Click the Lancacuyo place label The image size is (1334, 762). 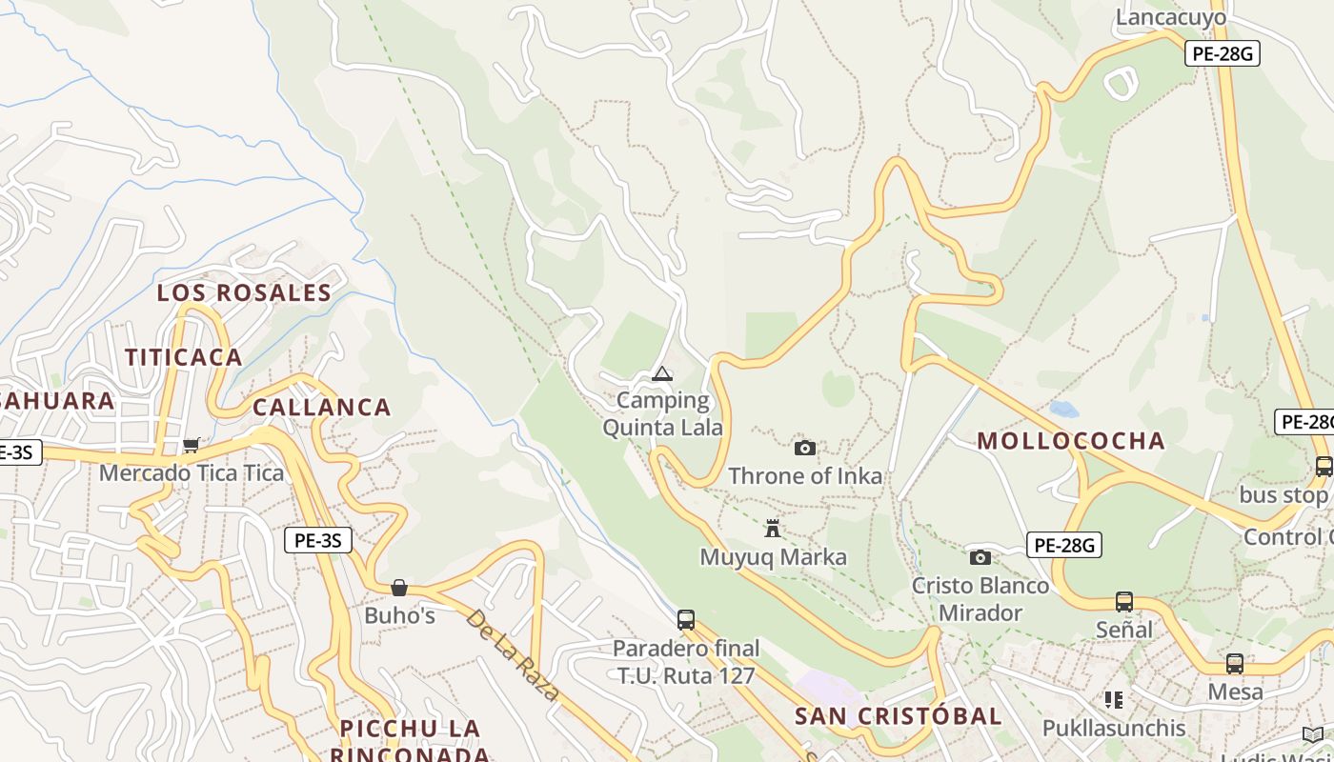[x=1171, y=17]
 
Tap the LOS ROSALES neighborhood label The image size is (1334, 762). [x=244, y=292]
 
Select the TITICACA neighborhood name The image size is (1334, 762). [x=184, y=357]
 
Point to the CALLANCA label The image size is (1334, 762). [x=322, y=408]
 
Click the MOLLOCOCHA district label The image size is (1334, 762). [x=1071, y=441]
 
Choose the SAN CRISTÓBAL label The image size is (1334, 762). [x=899, y=716]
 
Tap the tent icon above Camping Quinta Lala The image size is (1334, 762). [x=662, y=373]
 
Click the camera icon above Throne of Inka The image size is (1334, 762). [x=805, y=448]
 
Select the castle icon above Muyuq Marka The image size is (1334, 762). [x=773, y=529]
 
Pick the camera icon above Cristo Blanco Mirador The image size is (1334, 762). [x=980, y=557]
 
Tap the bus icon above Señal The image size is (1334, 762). [x=1124, y=602]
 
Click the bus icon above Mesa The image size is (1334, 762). [x=1235, y=664]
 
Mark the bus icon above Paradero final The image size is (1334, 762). [x=686, y=620]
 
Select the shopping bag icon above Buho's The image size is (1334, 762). [x=399, y=588]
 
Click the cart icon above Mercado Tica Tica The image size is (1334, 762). [x=192, y=445]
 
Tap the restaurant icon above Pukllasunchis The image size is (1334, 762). [x=1113, y=700]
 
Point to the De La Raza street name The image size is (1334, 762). [x=513, y=654]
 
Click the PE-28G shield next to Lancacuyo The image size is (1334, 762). [x=1223, y=53]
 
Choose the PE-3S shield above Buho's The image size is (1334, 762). [x=318, y=541]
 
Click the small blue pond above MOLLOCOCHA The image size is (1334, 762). [x=1063, y=410]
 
